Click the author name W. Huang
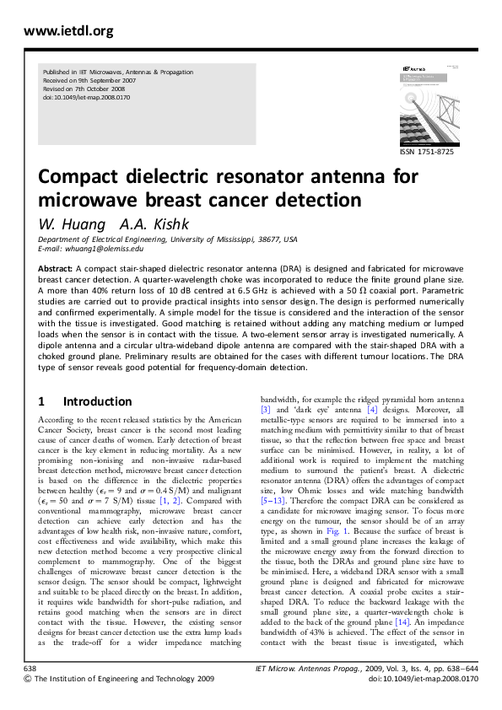point(72,224)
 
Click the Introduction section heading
point(97,401)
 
